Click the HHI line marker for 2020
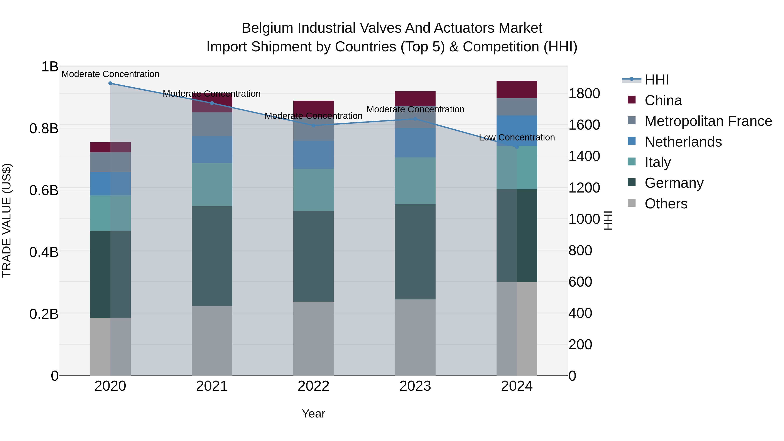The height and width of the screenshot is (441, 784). (110, 83)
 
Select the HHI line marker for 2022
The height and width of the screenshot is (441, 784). (313, 125)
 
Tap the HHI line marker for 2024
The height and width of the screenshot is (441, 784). (517, 147)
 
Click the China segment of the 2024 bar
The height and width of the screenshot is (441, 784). (517, 90)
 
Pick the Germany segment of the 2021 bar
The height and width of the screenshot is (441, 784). (212, 256)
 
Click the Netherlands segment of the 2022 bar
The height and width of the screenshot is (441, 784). (313, 155)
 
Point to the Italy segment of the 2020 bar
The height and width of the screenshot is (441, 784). (110, 213)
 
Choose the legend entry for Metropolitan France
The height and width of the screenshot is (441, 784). (708, 121)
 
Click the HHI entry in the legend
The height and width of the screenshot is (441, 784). (656, 80)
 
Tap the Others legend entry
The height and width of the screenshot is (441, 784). (666, 204)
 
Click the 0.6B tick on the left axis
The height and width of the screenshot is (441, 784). (44, 191)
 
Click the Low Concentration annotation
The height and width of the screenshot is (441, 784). (517, 138)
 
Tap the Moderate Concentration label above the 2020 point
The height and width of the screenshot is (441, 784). (110, 74)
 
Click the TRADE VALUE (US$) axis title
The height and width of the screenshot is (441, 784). (7, 220)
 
